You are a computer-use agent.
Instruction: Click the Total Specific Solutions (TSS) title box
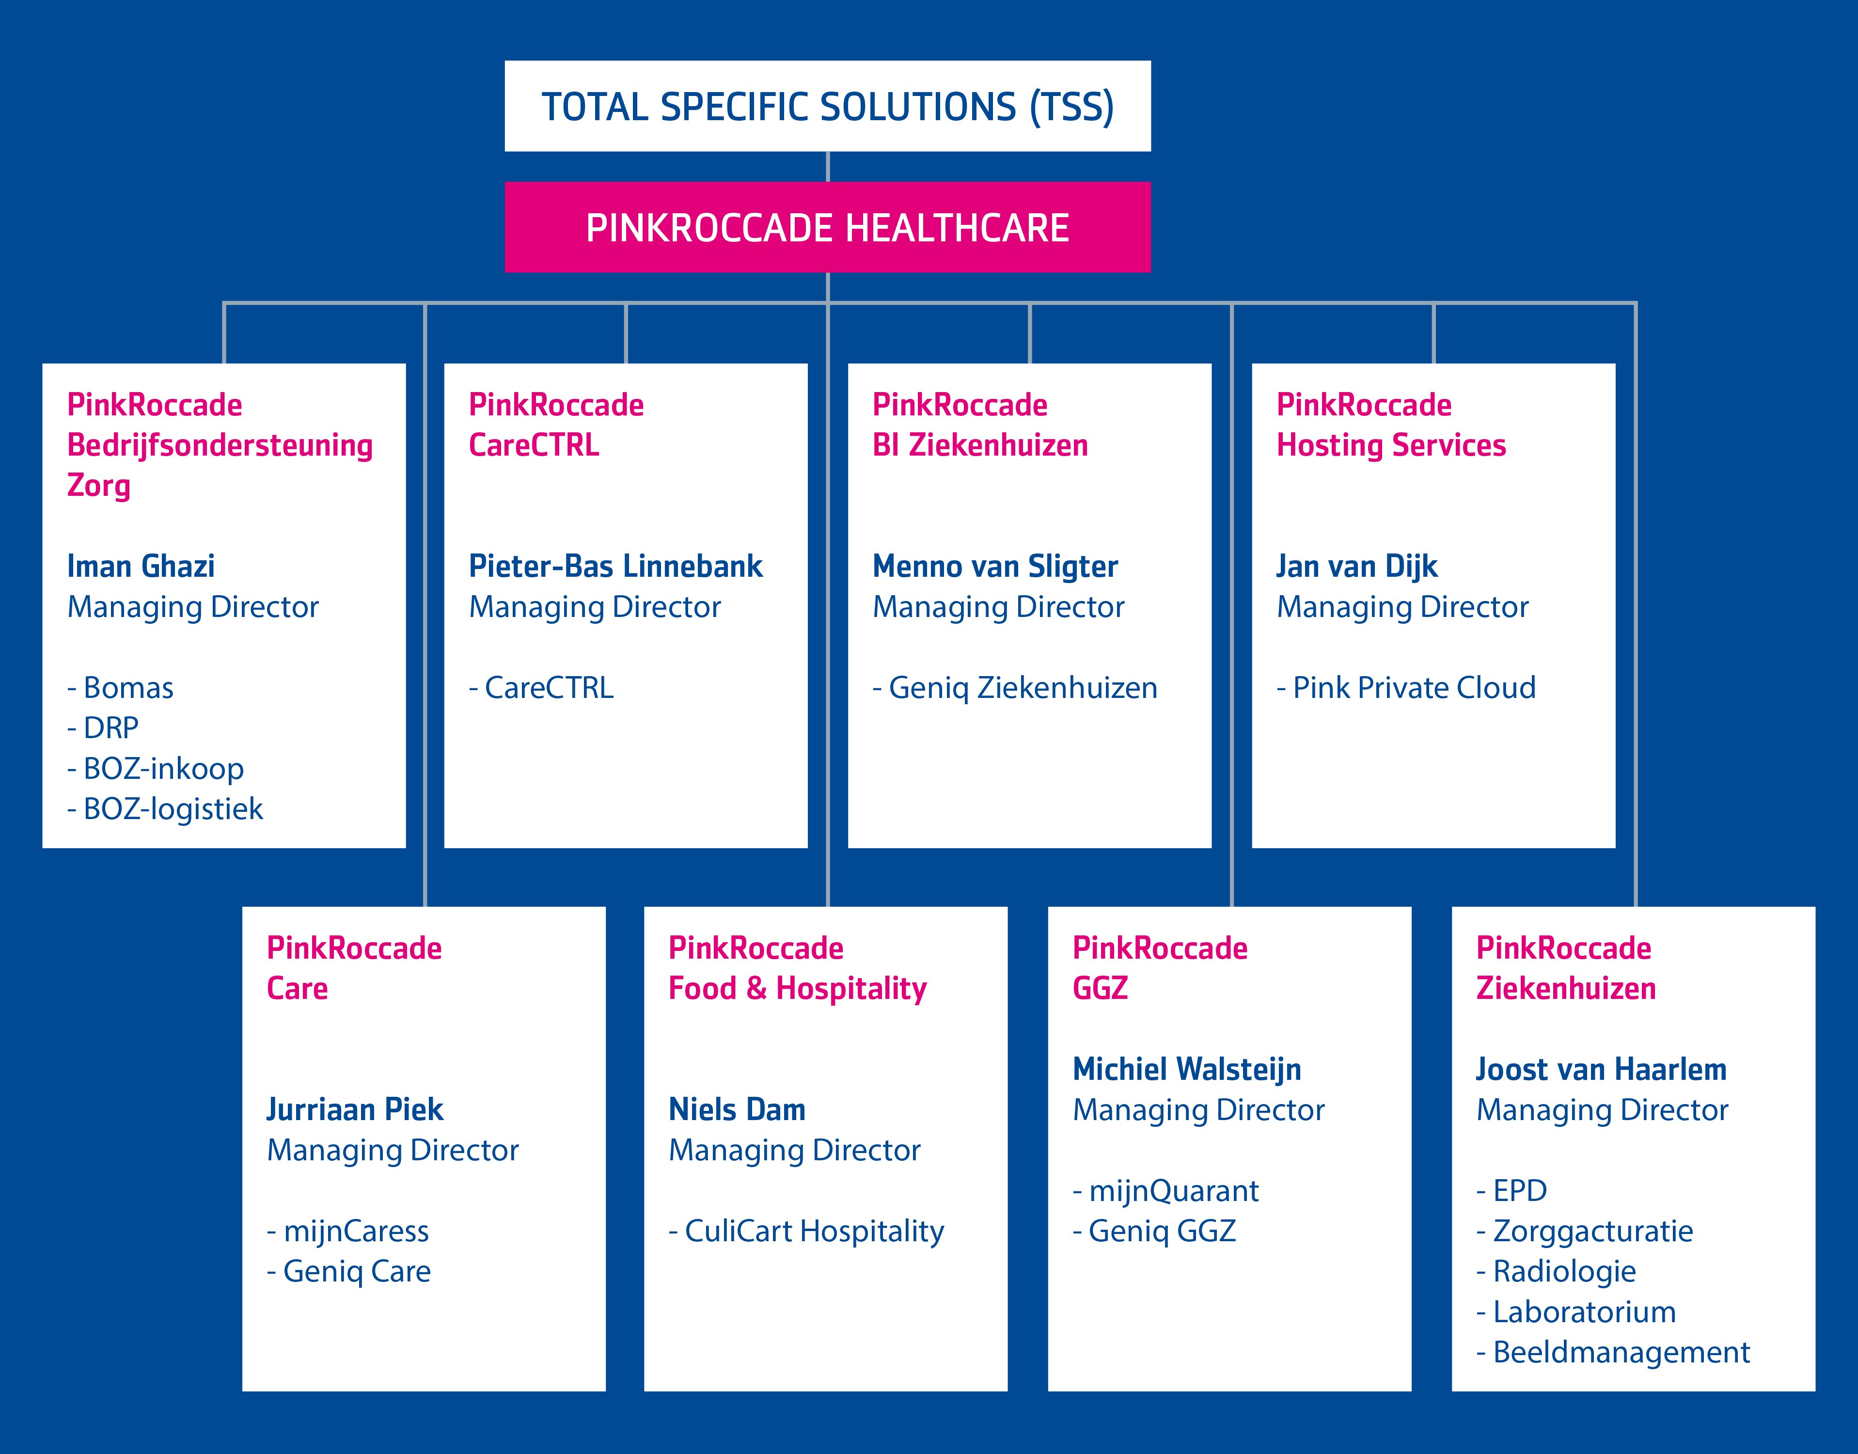pos(827,107)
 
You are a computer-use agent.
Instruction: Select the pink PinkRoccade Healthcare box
pos(827,227)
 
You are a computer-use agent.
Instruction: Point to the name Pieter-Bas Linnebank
pos(615,566)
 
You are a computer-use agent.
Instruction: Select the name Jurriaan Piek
pos(355,1109)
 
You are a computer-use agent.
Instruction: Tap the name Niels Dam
pos(737,1109)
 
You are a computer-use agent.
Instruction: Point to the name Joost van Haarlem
pos(1601,1069)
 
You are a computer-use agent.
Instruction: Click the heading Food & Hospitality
pos(798,988)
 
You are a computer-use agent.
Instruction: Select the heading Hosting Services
pos(1391,445)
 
